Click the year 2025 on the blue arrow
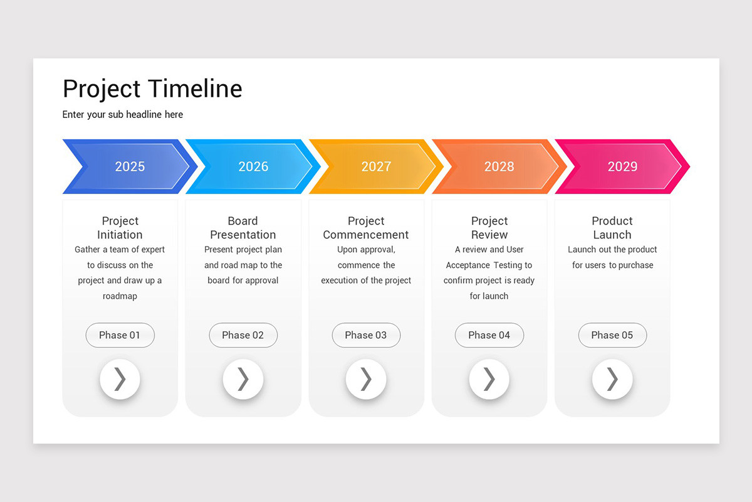click(x=130, y=166)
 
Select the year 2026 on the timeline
click(x=253, y=166)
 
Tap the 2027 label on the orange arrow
click(x=376, y=166)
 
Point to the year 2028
click(x=499, y=166)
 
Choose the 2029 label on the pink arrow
click(x=622, y=166)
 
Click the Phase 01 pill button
click(x=120, y=335)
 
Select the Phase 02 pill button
click(x=243, y=335)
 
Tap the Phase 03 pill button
click(x=366, y=335)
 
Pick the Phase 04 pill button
click(x=489, y=335)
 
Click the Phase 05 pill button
click(x=612, y=335)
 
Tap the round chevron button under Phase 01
click(x=120, y=379)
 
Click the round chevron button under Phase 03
click(x=366, y=379)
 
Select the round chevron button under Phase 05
click(x=612, y=379)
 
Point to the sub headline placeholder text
click(x=123, y=114)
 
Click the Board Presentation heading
click(x=243, y=228)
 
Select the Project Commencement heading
click(x=366, y=228)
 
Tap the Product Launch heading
click(x=612, y=228)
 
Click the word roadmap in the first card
click(x=120, y=296)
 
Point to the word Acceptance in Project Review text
click(x=467, y=265)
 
